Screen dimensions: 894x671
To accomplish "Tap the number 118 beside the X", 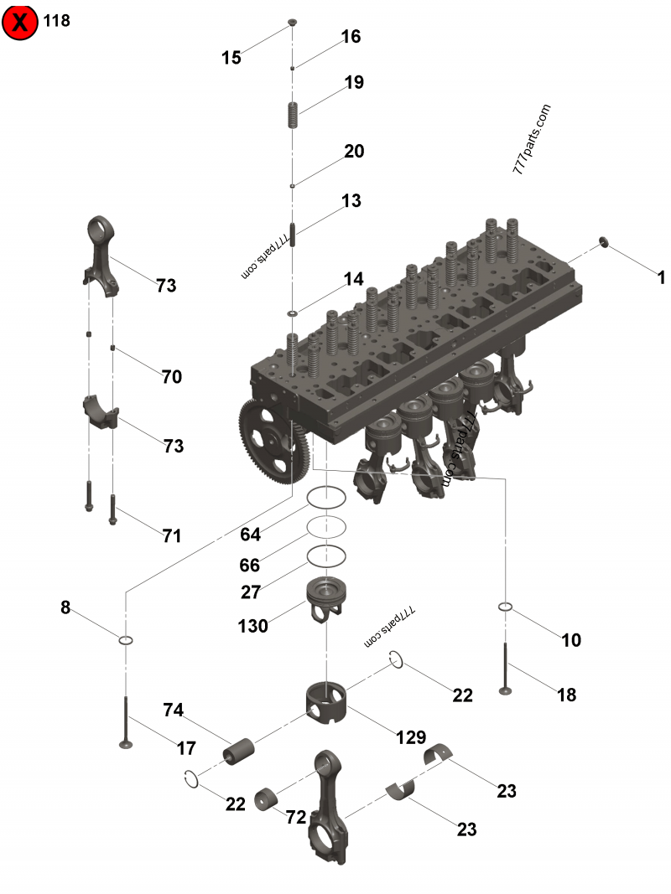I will coord(57,21).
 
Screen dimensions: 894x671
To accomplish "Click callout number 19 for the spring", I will coord(353,82).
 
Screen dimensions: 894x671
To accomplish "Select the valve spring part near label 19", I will coord(293,115).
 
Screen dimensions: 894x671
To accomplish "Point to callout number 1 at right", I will coord(661,278).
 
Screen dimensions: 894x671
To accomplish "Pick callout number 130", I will coord(252,626).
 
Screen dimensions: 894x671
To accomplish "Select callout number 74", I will coord(173,710).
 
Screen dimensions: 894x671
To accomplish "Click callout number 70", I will coord(172,377).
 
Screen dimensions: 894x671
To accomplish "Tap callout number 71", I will coord(171,535).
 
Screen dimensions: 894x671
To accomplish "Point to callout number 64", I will coord(250,535).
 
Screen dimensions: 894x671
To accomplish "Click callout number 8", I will coord(65,608).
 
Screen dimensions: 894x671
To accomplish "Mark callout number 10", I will coord(571,640).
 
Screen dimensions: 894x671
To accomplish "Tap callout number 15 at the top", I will coord(231,57).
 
